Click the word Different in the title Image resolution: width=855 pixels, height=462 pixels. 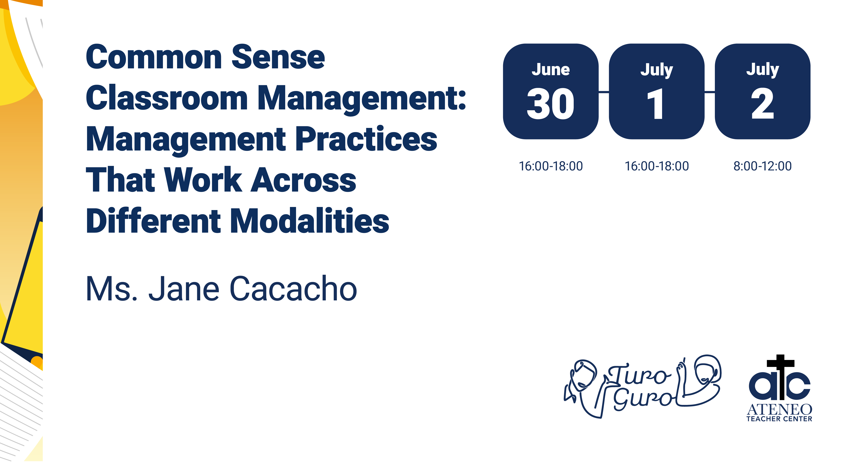(153, 221)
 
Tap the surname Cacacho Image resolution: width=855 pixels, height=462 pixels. (293, 289)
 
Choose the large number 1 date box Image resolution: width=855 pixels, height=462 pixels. (657, 91)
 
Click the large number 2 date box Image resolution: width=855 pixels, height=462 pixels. (762, 91)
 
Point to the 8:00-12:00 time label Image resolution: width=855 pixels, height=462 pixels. (762, 166)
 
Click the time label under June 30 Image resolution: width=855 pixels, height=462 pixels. (551, 166)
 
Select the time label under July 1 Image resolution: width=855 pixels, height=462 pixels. (657, 166)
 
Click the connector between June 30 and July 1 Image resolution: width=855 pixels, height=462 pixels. (604, 92)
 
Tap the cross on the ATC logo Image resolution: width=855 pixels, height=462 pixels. (780, 377)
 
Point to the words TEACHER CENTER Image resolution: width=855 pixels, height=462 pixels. (779, 419)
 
